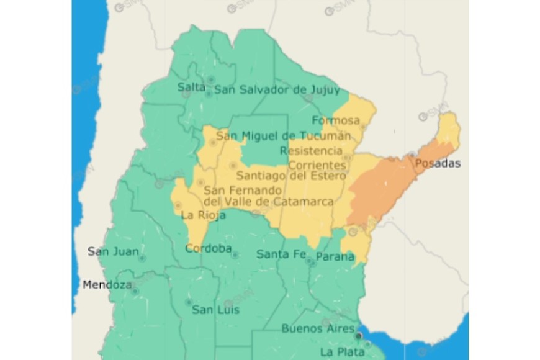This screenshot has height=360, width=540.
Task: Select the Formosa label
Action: pos(336,120)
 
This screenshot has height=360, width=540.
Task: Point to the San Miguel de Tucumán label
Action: pos(283,135)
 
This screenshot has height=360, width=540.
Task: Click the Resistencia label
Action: pos(311,151)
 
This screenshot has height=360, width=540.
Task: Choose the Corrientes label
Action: pos(317,165)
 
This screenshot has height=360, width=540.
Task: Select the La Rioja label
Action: pos(203,215)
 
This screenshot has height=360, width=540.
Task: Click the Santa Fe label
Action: pos(281,254)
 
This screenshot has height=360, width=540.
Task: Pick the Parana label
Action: pos(335,256)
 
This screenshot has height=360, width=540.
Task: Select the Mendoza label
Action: pos(107,286)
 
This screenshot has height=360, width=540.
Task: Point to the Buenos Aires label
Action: pos(318,328)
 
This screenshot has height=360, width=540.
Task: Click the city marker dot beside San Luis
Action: pos(189,302)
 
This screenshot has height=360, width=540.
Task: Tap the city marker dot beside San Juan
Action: pos(142,258)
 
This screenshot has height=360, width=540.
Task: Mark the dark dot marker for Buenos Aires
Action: pos(358,336)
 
